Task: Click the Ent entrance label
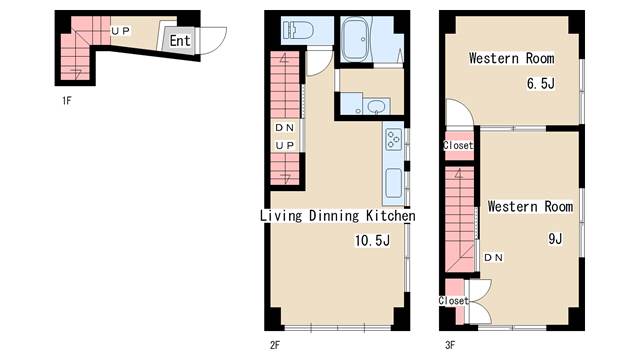pyautogui.click(x=180, y=41)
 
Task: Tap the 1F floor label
pyautogui.click(x=67, y=100)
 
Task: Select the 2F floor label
pyautogui.click(x=275, y=345)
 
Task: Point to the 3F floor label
pyautogui.click(x=450, y=345)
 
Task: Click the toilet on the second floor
pyautogui.click(x=299, y=30)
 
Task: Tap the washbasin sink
pyautogui.click(x=376, y=107)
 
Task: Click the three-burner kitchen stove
pyautogui.click(x=393, y=139)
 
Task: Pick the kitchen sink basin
pyautogui.click(x=394, y=183)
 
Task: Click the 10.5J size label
pyautogui.click(x=372, y=240)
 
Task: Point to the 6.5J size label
pyautogui.click(x=541, y=84)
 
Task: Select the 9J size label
pyautogui.click(x=555, y=238)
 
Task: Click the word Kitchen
pyautogui.click(x=391, y=216)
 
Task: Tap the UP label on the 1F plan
pyautogui.click(x=120, y=31)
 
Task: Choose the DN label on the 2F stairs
pyautogui.click(x=284, y=128)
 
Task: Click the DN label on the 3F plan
pyautogui.click(x=493, y=258)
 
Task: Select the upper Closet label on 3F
pyautogui.click(x=458, y=145)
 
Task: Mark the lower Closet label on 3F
pyautogui.click(x=453, y=301)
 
